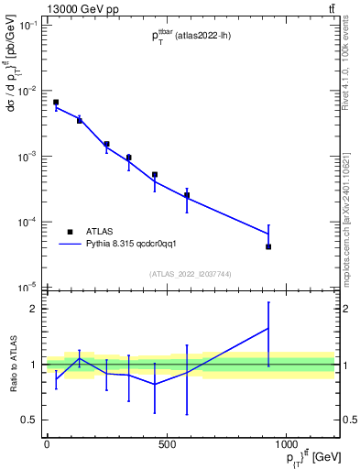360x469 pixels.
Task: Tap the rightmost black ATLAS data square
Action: tap(268, 246)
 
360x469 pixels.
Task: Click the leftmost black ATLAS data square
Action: tap(56, 103)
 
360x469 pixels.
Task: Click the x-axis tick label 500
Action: tap(167, 444)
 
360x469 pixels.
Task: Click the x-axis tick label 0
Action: tap(47, 444)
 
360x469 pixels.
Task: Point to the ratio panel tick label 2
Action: tap(33, 309)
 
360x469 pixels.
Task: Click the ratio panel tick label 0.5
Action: tap(29, 420)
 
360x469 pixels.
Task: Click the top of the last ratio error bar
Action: tap(268, 301)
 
